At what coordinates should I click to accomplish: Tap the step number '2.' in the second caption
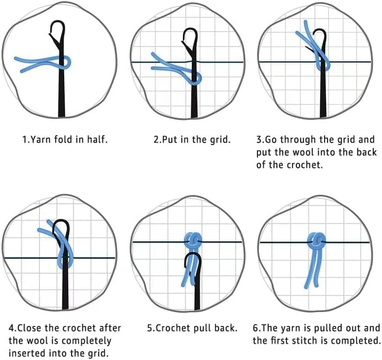coord(157,140)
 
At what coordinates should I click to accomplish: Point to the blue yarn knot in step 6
coord(317,240)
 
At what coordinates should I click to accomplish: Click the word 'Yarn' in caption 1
coord(38,140)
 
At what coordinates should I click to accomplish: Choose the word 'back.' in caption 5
coord(226,327)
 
